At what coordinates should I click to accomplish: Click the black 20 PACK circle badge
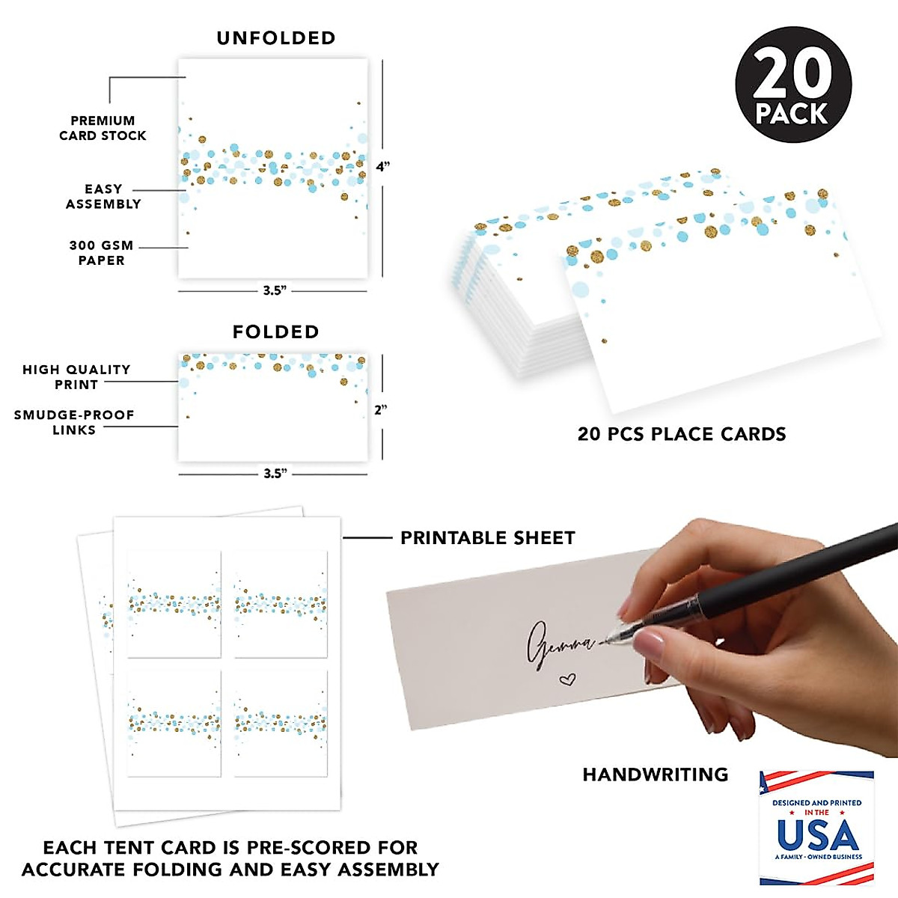793,85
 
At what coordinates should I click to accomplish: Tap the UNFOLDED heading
276,38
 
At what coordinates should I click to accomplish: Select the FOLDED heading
275,332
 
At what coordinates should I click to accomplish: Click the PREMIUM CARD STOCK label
103,128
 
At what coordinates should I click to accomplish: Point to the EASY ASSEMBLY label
103,196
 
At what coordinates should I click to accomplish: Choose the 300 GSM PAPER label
101,252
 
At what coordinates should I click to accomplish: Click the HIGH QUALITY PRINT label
76,376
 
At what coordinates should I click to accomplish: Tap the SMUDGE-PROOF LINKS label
74,422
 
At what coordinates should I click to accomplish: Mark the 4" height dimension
382,167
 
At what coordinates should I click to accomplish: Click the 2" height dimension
381,410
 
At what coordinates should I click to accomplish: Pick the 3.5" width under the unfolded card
275,290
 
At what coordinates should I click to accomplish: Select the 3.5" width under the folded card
275,474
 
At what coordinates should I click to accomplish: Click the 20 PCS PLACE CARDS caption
682,434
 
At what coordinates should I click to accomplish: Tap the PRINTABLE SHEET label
487,538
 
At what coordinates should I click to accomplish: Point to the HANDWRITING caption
655,775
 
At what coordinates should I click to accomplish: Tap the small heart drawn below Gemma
568,679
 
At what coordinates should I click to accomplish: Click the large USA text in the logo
817,834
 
